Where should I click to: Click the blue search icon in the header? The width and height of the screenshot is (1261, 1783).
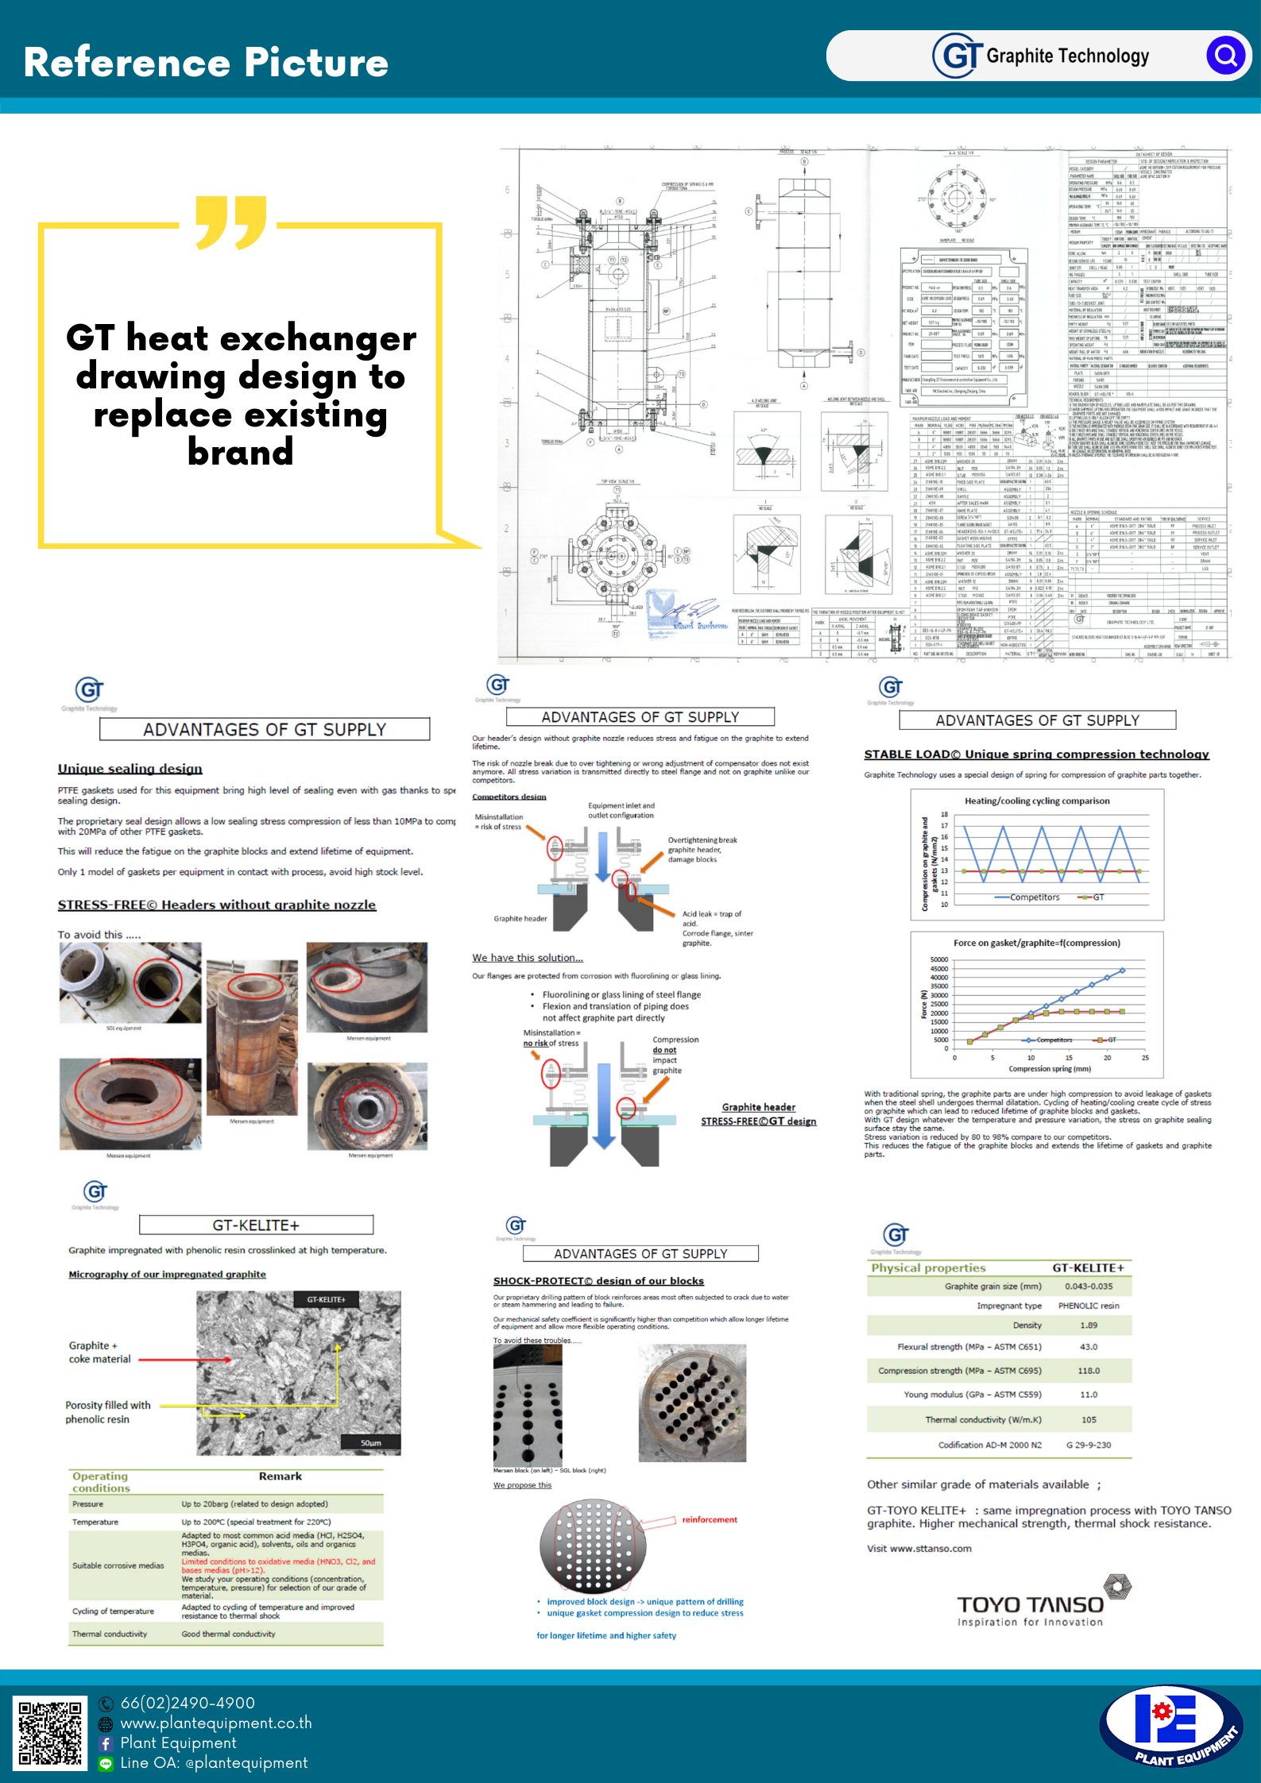click(x=1226, y=56)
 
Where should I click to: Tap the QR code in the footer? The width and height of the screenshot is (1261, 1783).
click(x=50, y=1733)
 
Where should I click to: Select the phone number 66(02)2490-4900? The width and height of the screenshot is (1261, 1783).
click(x=188, y=1702)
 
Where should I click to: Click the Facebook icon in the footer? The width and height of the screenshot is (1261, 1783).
click(x=106, y=1743)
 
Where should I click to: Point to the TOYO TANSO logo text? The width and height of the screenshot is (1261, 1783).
click(x=1030, y=1605)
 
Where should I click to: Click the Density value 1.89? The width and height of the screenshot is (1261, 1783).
click(x=1088, y=1326)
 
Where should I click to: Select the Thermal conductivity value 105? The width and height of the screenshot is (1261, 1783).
click(x=1089, y=1420)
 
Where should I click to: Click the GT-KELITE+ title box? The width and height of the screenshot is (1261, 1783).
click(x=256, y=1225)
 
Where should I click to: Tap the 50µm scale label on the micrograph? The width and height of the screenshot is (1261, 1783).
click(x=370, y=1442)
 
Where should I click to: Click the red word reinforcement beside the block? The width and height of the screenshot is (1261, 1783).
click(x=710, y=1519)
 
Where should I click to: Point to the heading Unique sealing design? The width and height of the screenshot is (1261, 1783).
click(x=130, y=769)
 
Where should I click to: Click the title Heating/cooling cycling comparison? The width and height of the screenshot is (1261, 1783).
click(x=1037, y=801)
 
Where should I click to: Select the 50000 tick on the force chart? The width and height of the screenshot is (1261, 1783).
click(x=938, y=960)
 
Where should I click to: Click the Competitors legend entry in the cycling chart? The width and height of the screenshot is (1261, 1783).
click(x=1034, y=897)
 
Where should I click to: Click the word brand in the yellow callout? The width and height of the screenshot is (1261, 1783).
click(x=241, y=453)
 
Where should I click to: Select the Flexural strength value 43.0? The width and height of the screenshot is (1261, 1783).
click(x=1088, y=1347)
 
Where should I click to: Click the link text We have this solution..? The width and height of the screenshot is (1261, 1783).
click(x=528, y=958)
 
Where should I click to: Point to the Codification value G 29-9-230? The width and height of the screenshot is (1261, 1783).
click(x=1088, y=1445)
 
